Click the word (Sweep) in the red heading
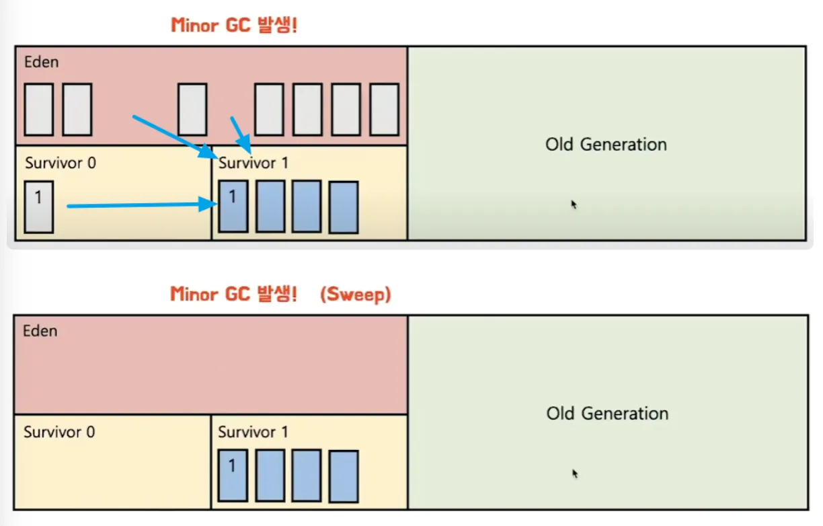coord(355,295)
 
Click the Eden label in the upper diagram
coord(42,62)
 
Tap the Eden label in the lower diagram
coord(40,331)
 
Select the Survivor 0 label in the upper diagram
coord(61,163)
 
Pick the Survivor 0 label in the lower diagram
coord(59,432)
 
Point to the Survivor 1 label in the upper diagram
coord(253,163)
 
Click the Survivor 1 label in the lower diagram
coord(253,432)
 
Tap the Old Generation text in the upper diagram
coord(606,144)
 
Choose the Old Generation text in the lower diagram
coord(607,414)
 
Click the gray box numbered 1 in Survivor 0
coord(39,207)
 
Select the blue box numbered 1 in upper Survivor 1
coord(233,206)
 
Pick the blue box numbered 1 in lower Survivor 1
coord(233,476)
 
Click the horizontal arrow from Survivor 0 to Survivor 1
coord(142,205)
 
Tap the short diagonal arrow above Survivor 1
coord(241,135)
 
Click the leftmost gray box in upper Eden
coord(39,110)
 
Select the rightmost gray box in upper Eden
coord(385,110)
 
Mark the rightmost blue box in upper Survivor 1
coord(344,207)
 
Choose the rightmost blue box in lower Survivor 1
coord(344,476)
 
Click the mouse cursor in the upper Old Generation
coord(574,204)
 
